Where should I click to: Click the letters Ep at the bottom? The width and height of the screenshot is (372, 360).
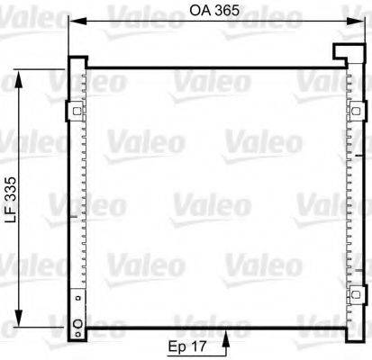click(x=177, y=344)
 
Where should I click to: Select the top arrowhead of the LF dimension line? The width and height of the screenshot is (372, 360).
click(x=16, y=69)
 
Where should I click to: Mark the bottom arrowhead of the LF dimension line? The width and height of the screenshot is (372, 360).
click(x=16, y=325)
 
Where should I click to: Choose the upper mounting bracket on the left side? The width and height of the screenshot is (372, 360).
click(x=72, y=112)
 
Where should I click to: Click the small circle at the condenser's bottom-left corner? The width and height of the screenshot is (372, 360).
click(x=77, y=325)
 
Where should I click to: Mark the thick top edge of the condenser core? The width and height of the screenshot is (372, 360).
click(x=212, y=65)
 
